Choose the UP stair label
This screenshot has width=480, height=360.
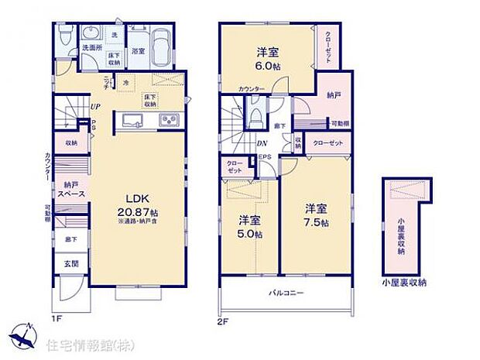94,107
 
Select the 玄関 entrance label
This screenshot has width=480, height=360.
68,264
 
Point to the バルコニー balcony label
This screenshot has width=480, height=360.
286,293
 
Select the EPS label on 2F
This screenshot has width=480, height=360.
265,158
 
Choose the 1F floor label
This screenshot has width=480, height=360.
57,317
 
